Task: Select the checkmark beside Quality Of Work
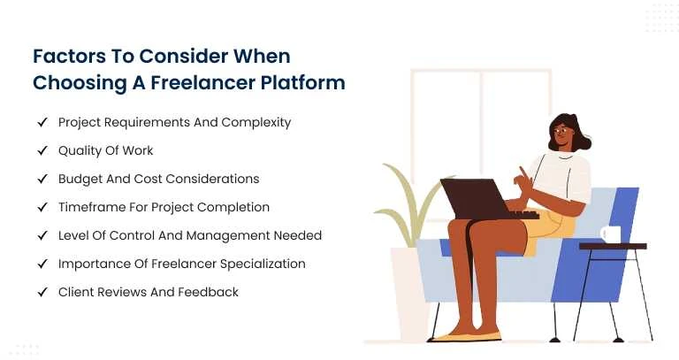42,150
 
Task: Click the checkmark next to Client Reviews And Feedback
42,292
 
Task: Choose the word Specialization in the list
263,264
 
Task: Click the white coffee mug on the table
610,234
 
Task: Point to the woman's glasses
560,133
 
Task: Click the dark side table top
612,246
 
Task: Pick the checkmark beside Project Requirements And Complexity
42,122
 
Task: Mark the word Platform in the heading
308,82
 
